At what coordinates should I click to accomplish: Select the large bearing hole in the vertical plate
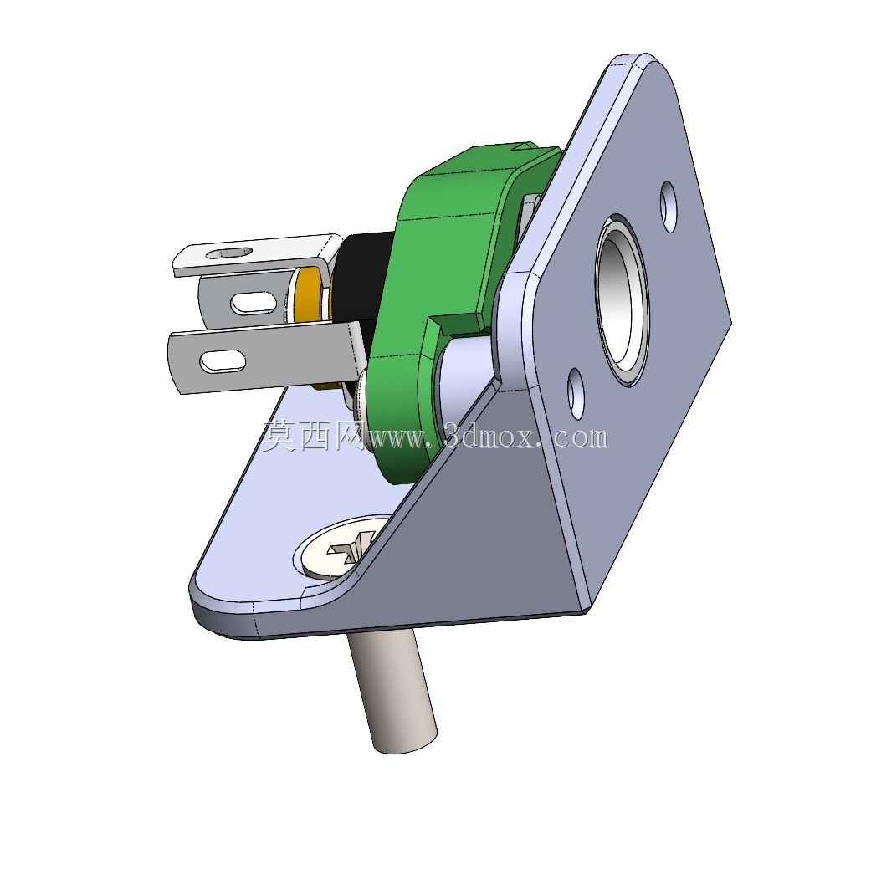coord(623,300)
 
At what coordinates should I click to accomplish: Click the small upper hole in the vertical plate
coord(669,207)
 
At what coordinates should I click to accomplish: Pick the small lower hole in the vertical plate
coord(576,394)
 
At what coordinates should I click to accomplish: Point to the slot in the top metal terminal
coord(228,253)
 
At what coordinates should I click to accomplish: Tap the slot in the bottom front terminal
coord(223,361)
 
